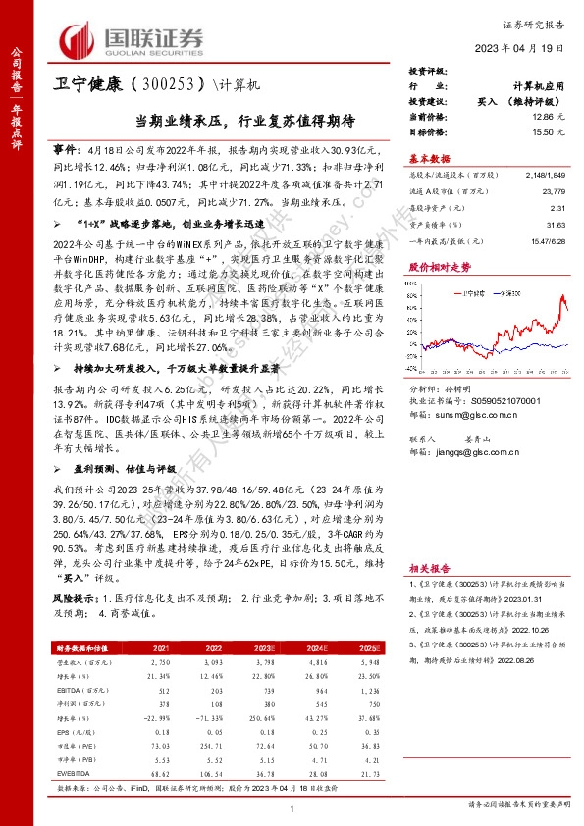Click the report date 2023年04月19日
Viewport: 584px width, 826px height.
coord(527,48)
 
